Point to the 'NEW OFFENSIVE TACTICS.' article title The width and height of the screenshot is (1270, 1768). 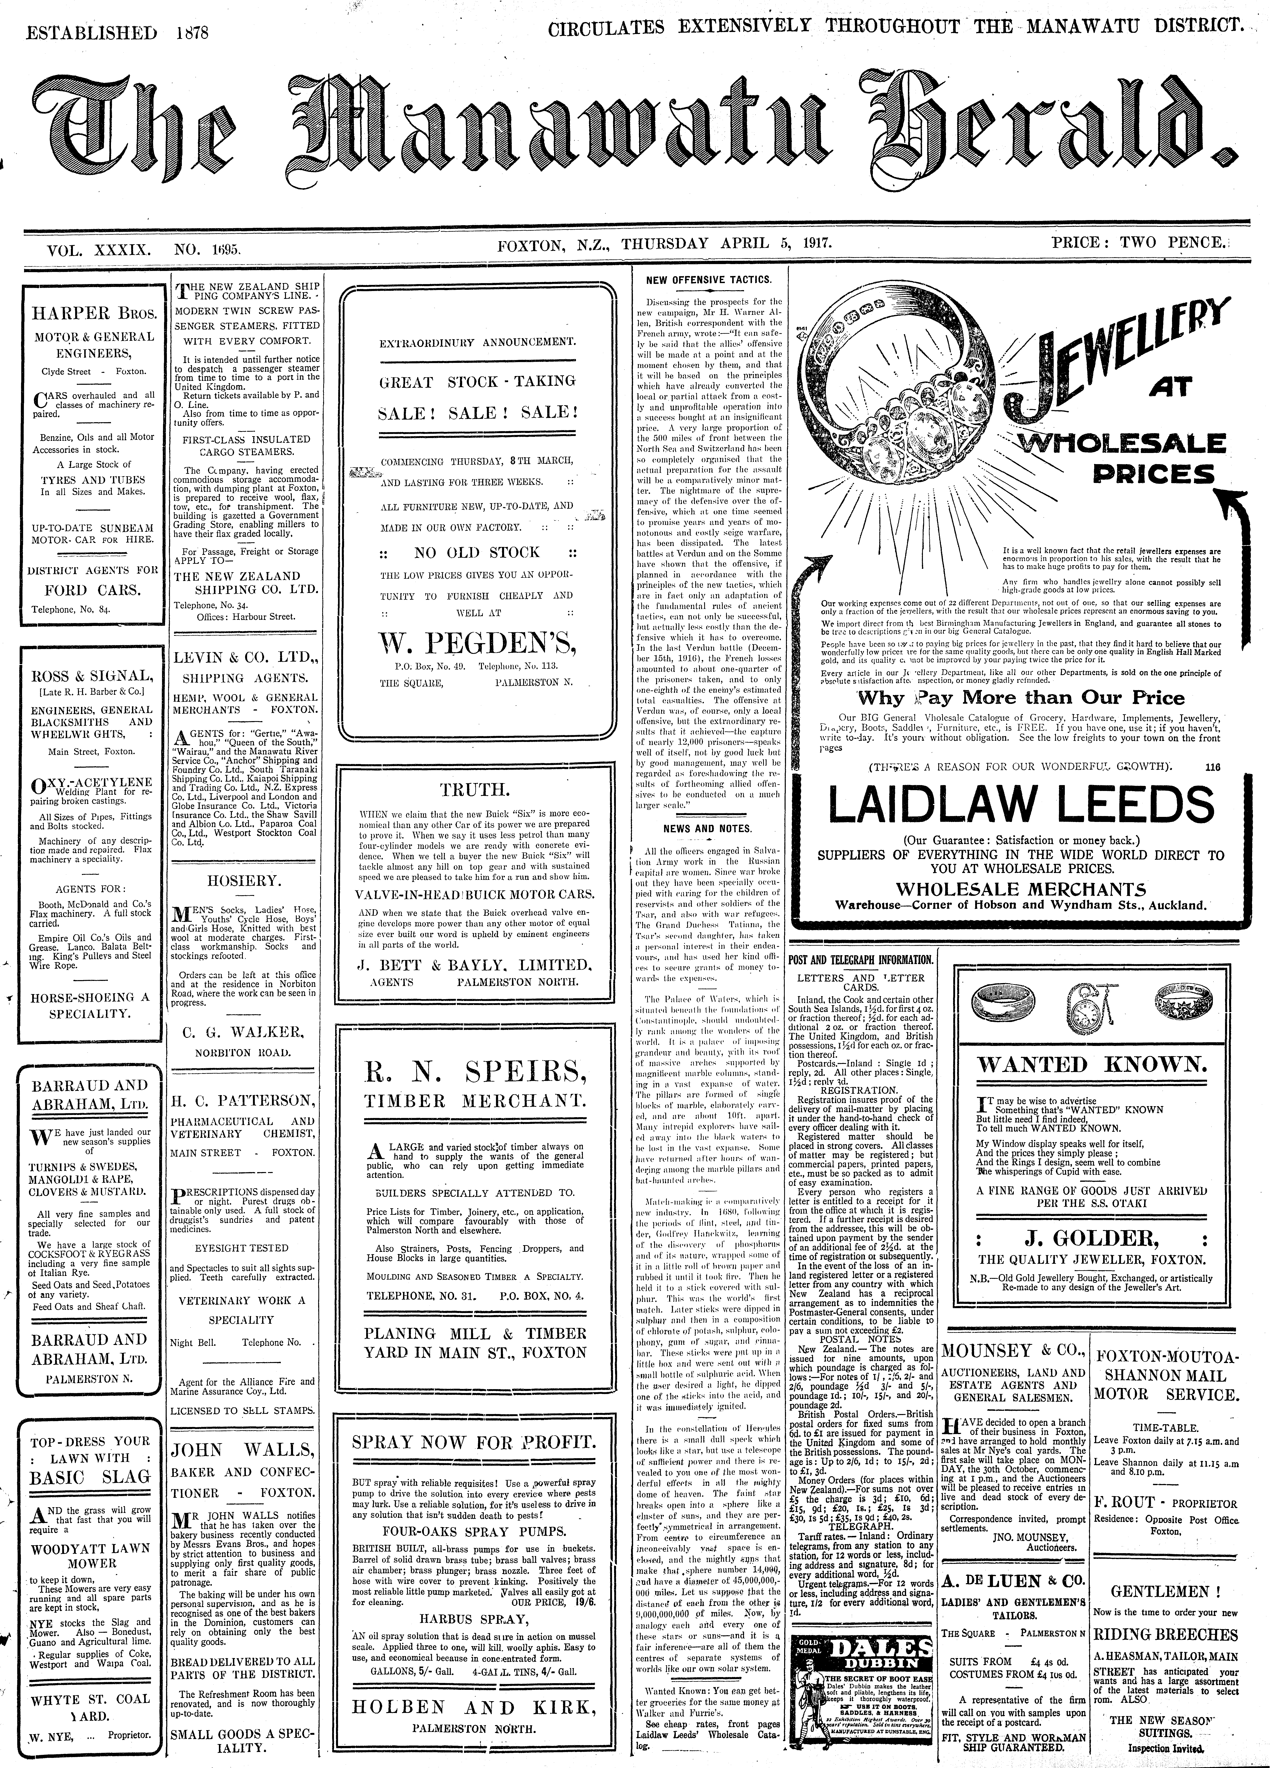[x=709, y=279]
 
